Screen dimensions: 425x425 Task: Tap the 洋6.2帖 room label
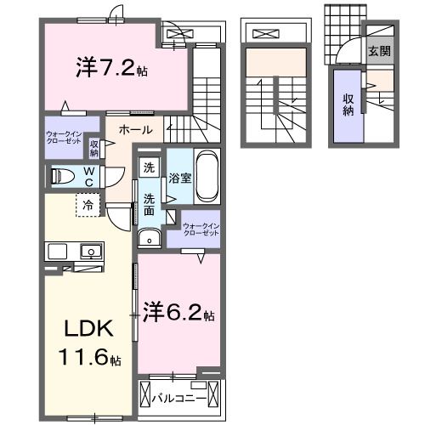point(178,312)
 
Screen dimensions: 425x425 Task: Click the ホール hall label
point(136,129)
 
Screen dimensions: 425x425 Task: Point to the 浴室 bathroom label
point(179,179)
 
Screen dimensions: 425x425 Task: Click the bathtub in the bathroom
point(207,177)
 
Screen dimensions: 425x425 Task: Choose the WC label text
point(88,176)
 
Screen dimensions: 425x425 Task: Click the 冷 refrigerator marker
point(88,204)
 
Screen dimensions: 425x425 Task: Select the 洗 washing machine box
point(149,167)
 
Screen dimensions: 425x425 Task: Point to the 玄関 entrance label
point(379,50)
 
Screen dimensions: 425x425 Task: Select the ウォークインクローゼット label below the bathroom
point(201,229)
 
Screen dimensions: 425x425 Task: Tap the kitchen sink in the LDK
point(88,251)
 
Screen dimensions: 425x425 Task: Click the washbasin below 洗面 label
point(149,238)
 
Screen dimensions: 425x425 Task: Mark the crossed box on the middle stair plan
point(265,35)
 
